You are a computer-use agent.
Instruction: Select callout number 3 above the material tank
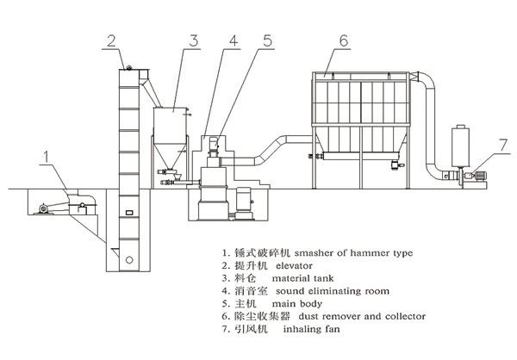pyautogui.click(x=195, y=40)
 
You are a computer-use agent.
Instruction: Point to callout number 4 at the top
pyautogui.click(x=232, y=40)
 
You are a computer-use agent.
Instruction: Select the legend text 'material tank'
pyautogui.click(x=307, y=279)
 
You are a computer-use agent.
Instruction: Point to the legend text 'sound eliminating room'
pyautogui.click(x=330, y=292)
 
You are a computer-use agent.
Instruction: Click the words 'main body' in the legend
pyautogui.click(x=295, y=305)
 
